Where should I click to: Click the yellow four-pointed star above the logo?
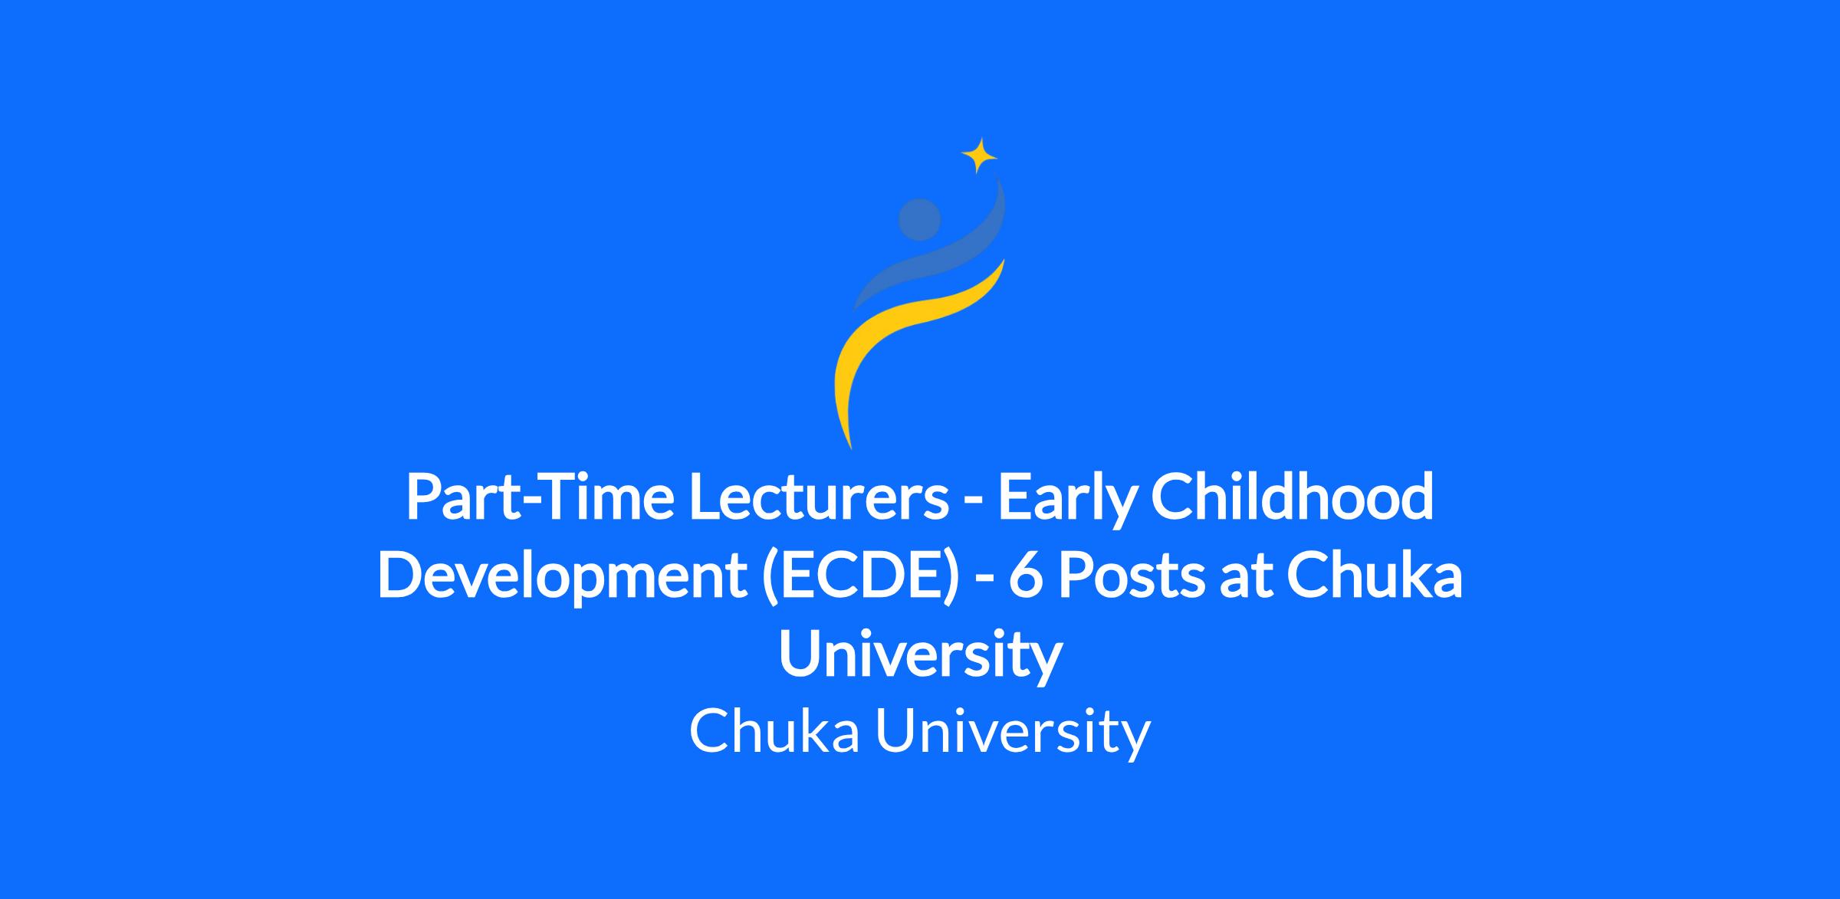pos(979,156)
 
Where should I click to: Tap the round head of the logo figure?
pos(919,219)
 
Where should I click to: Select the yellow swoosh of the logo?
pos(912,345)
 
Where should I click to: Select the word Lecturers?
pos(819,496)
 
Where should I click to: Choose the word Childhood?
pos(1292,496)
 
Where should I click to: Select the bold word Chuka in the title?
pos(1375,576)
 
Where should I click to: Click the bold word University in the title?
pos(920,657)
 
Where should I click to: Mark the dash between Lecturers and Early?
pos(974,502)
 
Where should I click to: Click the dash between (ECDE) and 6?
pos(984,583)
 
